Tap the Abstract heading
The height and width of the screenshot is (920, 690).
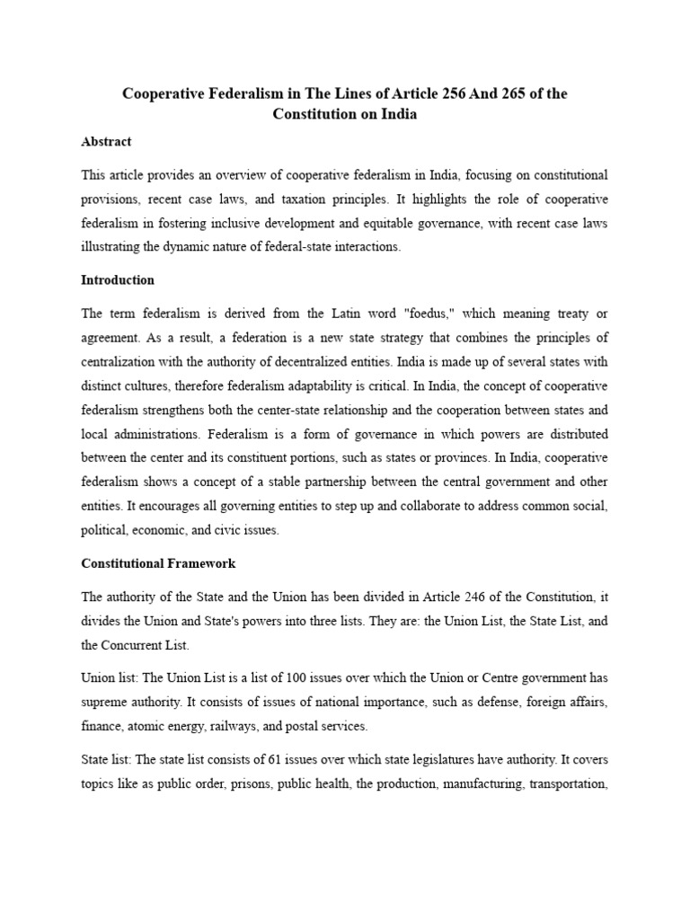click(106, 141)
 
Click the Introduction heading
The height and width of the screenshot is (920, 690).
click(118, 280)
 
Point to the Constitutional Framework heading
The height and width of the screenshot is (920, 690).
click(158, 563)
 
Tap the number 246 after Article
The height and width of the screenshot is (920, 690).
click(432, 596)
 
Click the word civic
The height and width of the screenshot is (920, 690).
click(231, 530)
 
